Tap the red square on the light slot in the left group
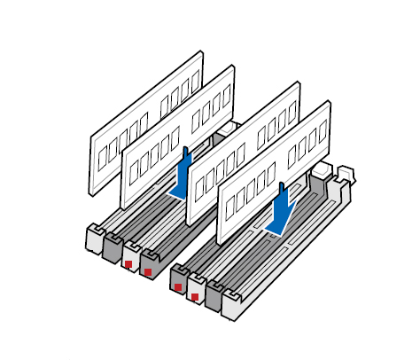(129, 263)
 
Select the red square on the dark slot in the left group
(149, 271)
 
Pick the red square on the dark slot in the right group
(178, 286)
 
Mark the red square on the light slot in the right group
(195, 296)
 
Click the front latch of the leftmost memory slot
(93, 239)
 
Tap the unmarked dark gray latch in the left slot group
(113, 247)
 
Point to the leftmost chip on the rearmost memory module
(102, 154)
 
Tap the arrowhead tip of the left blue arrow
(178, 198)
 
